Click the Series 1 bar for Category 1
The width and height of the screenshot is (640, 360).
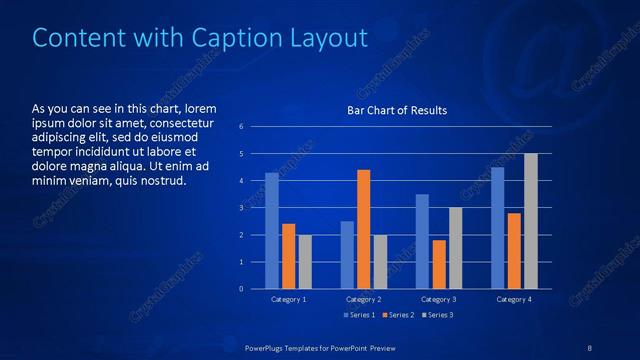(x=272, y=231)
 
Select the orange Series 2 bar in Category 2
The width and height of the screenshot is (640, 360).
(x=363, y=229)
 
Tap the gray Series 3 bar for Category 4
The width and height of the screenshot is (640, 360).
(x=531, y=221)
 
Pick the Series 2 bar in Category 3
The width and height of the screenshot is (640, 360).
(x=439, y=264)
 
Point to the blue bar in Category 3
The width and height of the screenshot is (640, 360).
(x=422, y=241)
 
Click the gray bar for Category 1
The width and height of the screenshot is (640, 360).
(x=305, y=262)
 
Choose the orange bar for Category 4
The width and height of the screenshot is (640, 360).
(x=514, y=251)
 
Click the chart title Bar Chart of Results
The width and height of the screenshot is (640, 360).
(x=397, y=110)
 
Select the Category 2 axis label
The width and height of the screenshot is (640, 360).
(x=364, y=299)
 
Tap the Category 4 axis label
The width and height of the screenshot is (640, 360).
(x=514, y=299)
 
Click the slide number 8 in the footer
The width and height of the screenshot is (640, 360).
(x=590, y=347)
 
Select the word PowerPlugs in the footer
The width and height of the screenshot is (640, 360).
(x=266, y=347)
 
